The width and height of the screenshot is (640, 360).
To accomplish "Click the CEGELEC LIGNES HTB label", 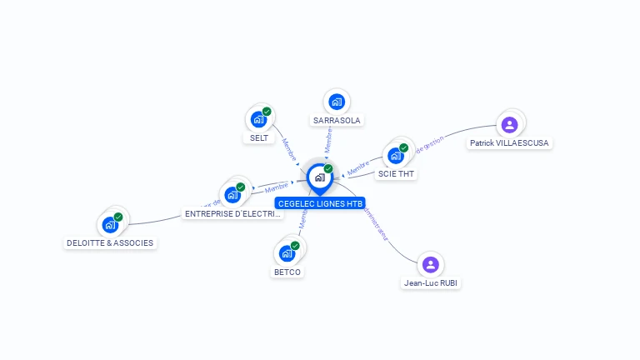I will click(x=320, y=203).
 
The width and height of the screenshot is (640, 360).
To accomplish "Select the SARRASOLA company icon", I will click(x=337, y=102).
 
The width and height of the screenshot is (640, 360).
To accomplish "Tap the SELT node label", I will click(x=259, y=137).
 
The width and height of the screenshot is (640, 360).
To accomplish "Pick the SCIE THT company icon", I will click(x=396, y=155).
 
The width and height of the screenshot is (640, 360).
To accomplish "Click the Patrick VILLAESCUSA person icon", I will click(x=510, y=125).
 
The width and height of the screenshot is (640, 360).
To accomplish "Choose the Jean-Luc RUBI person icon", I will click(x=430, y=264).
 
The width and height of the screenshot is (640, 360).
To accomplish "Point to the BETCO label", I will click(x=287, y=272).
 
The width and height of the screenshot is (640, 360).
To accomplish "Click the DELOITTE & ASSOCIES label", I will click(x=110, y=243).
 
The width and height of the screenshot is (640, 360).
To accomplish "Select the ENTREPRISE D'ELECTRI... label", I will click(x=233, y=214).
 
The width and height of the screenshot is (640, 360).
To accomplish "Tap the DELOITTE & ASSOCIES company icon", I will click(x=110, y=224).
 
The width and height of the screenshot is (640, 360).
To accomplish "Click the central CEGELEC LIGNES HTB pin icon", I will click(x=319, y=177).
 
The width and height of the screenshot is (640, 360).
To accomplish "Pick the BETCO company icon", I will click(x=287, y=252).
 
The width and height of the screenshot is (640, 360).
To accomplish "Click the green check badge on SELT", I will click(x=267, y=112).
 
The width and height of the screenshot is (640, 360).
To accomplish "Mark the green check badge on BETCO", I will click(x=295, y=246).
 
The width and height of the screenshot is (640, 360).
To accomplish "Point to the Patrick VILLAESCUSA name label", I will click(x=510, y=143).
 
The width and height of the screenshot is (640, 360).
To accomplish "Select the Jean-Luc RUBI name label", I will click(x=431, y=282).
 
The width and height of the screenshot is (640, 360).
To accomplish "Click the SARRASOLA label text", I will click(x=337, y=120).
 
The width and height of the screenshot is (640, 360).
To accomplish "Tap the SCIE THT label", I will click(x=397, y=174).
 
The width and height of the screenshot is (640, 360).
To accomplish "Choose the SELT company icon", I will click(x=258, y=119).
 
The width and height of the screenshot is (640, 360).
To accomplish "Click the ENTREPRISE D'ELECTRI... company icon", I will click(x=232, y=195).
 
